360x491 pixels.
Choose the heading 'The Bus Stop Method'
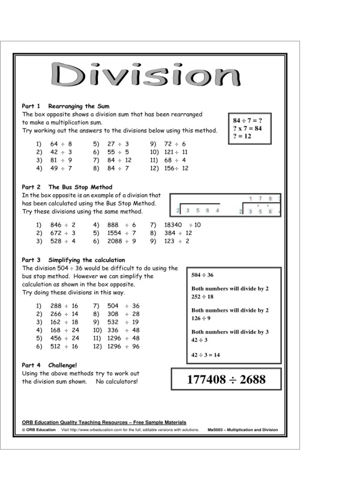click(x=80, y=187)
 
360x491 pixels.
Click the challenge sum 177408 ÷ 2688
click(x=226, y=379)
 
